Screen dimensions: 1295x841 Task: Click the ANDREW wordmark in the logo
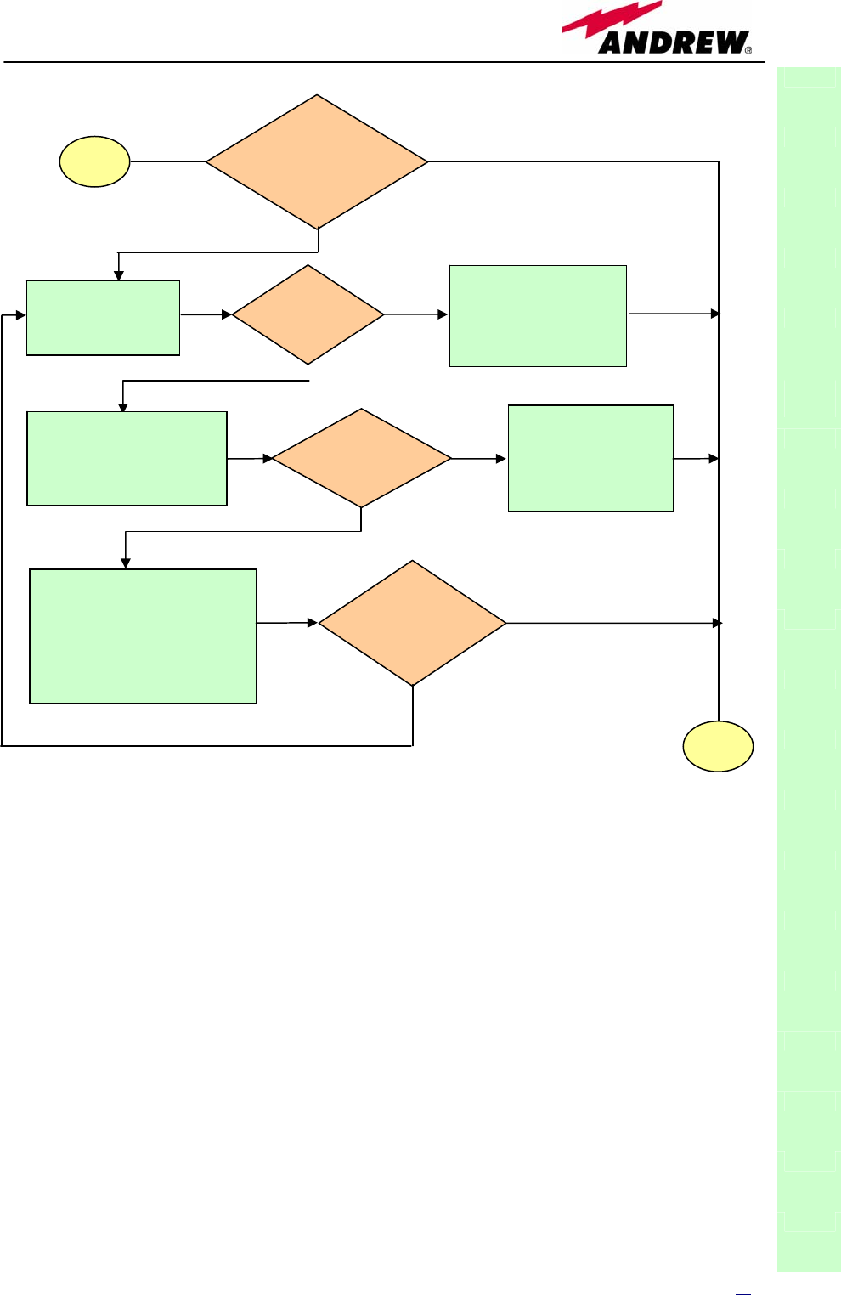(674, 42)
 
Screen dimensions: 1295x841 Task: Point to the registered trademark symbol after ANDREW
(748, 50)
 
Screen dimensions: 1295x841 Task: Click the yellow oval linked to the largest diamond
(94, 161)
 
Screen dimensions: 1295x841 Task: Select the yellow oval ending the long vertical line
(718, 746)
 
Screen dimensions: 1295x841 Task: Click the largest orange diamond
(317, 161)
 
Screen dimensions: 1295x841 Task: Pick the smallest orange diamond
(308, 314)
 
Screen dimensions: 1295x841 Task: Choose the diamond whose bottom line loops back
(413, 623)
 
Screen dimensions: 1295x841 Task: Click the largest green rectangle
(143, 636)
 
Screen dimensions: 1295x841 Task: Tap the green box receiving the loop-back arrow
(103, 317)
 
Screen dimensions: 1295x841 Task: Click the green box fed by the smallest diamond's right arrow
(537, 316)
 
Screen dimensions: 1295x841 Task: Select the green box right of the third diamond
(590, 458)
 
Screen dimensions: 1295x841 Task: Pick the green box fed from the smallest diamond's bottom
(127, 458)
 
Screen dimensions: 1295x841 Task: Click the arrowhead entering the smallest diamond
(227, 314)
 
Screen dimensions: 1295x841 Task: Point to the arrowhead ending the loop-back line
(21, 315)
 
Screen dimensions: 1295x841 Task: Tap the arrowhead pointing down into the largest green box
(126, 563)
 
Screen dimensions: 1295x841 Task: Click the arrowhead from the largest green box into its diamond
(313, 623)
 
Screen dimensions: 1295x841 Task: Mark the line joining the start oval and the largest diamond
(167, 161)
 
